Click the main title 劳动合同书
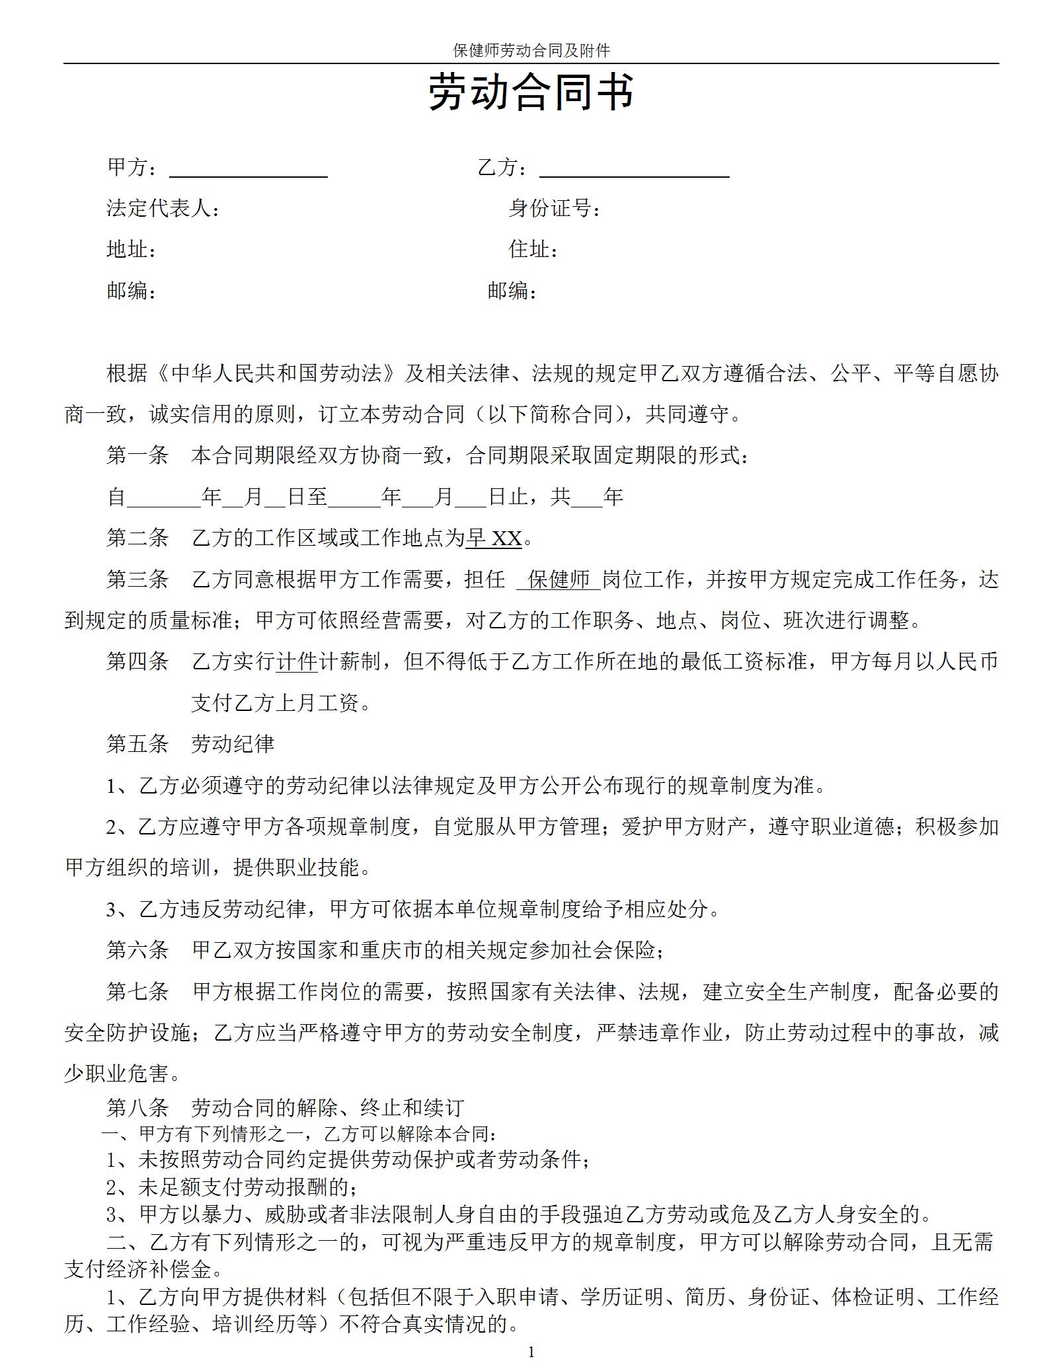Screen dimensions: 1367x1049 (x=531, y=92)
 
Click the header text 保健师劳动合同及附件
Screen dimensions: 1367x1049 (x=531, y=50)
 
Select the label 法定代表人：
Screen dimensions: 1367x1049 (x=163, y=209)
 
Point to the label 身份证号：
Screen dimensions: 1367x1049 (x=555, y=209)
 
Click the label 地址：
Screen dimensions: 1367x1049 (x=132, y=250)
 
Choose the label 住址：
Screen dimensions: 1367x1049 (x=533, y=250)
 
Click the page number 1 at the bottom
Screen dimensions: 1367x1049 (x=531, y=1352)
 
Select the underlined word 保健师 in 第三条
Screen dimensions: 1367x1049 (x=559, y=580)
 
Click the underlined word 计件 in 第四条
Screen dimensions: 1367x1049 (x=297, y=662)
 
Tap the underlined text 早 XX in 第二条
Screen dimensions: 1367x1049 (x=494, y=538)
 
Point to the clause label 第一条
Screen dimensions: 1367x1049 (x=137, y=456)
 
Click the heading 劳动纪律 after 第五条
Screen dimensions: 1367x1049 (x=233, y=745)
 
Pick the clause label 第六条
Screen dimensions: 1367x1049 (x=137, y=951)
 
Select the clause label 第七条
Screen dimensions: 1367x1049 (x=137, y=992)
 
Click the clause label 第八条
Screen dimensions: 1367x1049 (x=137, y=1108)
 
